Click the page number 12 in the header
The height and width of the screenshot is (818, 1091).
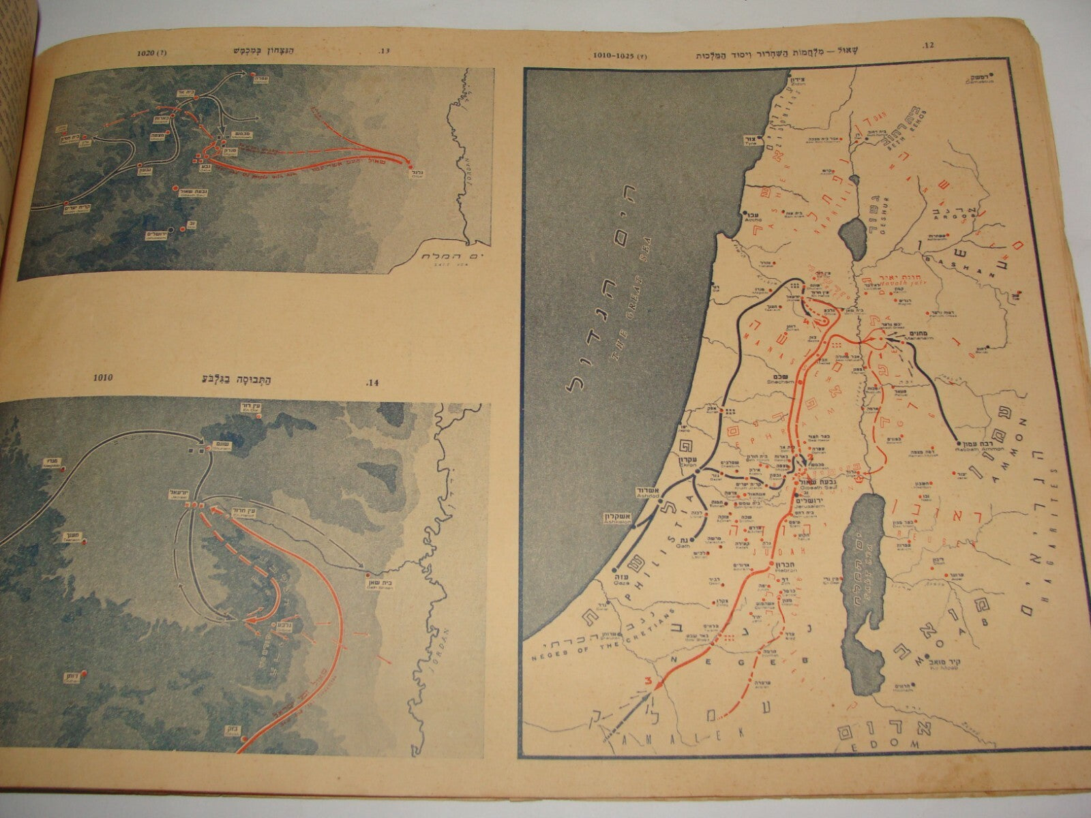pos(926,47)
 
